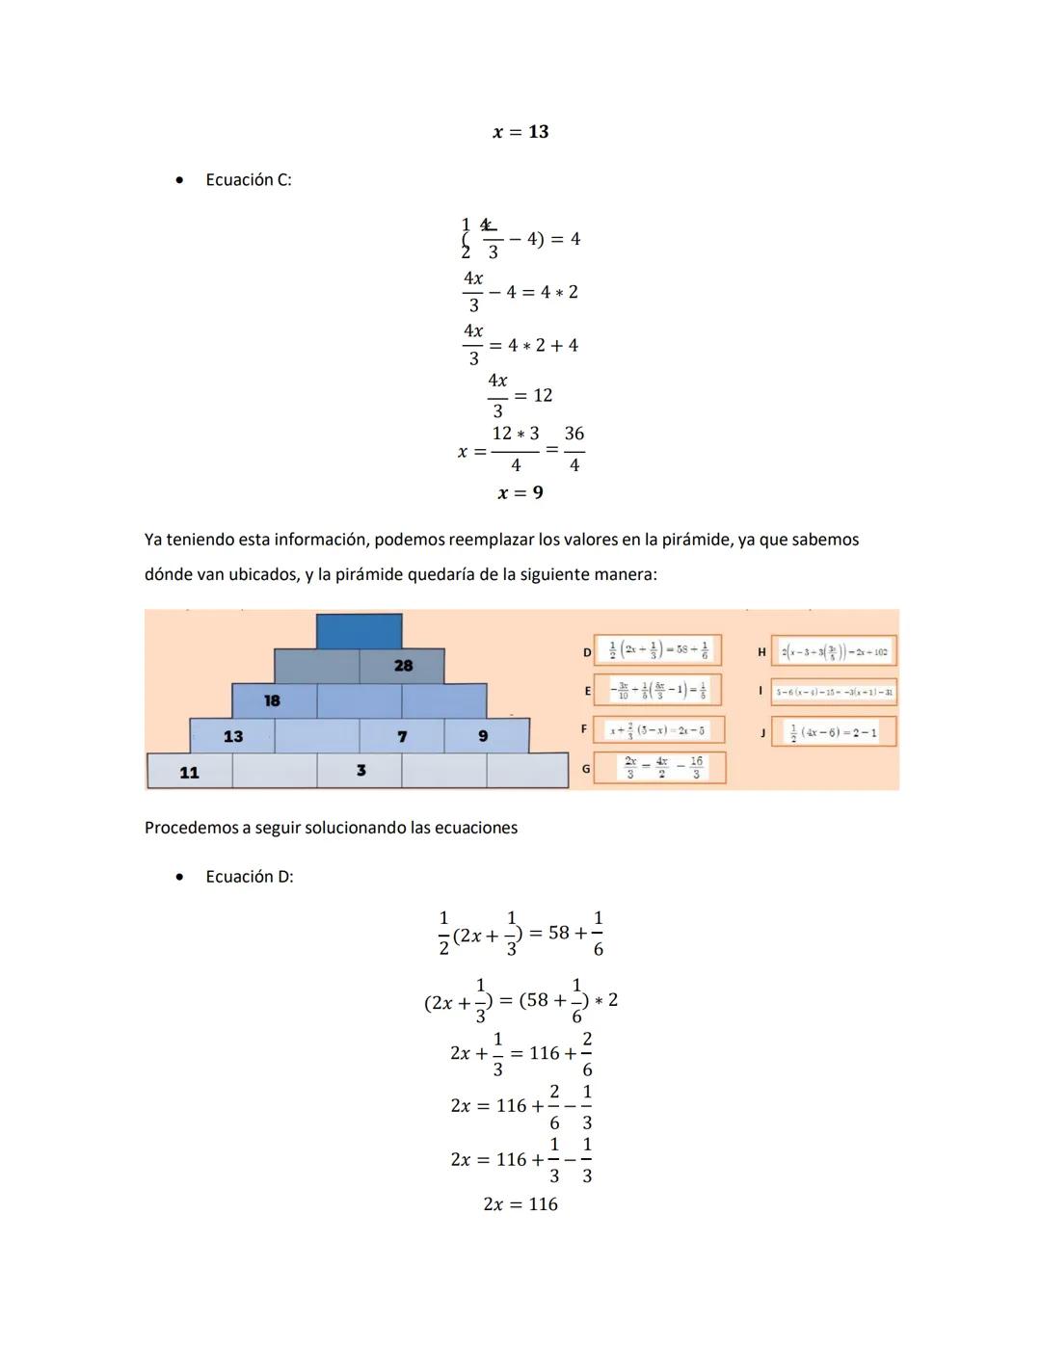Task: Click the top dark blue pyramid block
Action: coord(359,631)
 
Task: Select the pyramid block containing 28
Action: coord(402,666)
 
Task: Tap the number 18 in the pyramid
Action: coord(273,700)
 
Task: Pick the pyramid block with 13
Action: coord(232,736)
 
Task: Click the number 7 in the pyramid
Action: coord(402,736)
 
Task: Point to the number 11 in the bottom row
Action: coord(189,772)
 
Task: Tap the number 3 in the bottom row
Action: coord(360,771)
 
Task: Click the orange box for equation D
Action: coord(657,651)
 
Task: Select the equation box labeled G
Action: coord(659,768)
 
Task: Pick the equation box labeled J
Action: coord(834,731)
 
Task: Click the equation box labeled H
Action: coord(834,651)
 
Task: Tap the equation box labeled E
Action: coord(657,691)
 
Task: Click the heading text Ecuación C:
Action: coord(249,180)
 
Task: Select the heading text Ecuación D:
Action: coord(250,877)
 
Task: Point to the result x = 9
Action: coord(520,493)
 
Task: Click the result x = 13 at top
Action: coord(520,132)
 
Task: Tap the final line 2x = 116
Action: coord(520,1204)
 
